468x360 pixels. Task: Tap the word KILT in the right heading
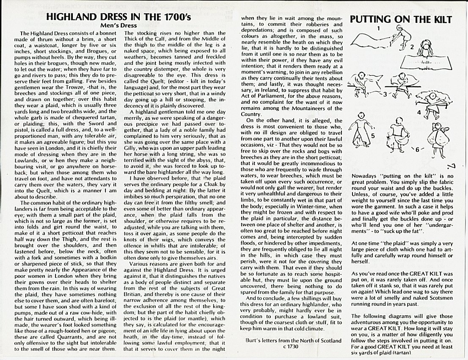[438, 19]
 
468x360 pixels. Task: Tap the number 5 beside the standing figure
[373, 136]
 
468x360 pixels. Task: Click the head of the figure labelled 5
[361, 115]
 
